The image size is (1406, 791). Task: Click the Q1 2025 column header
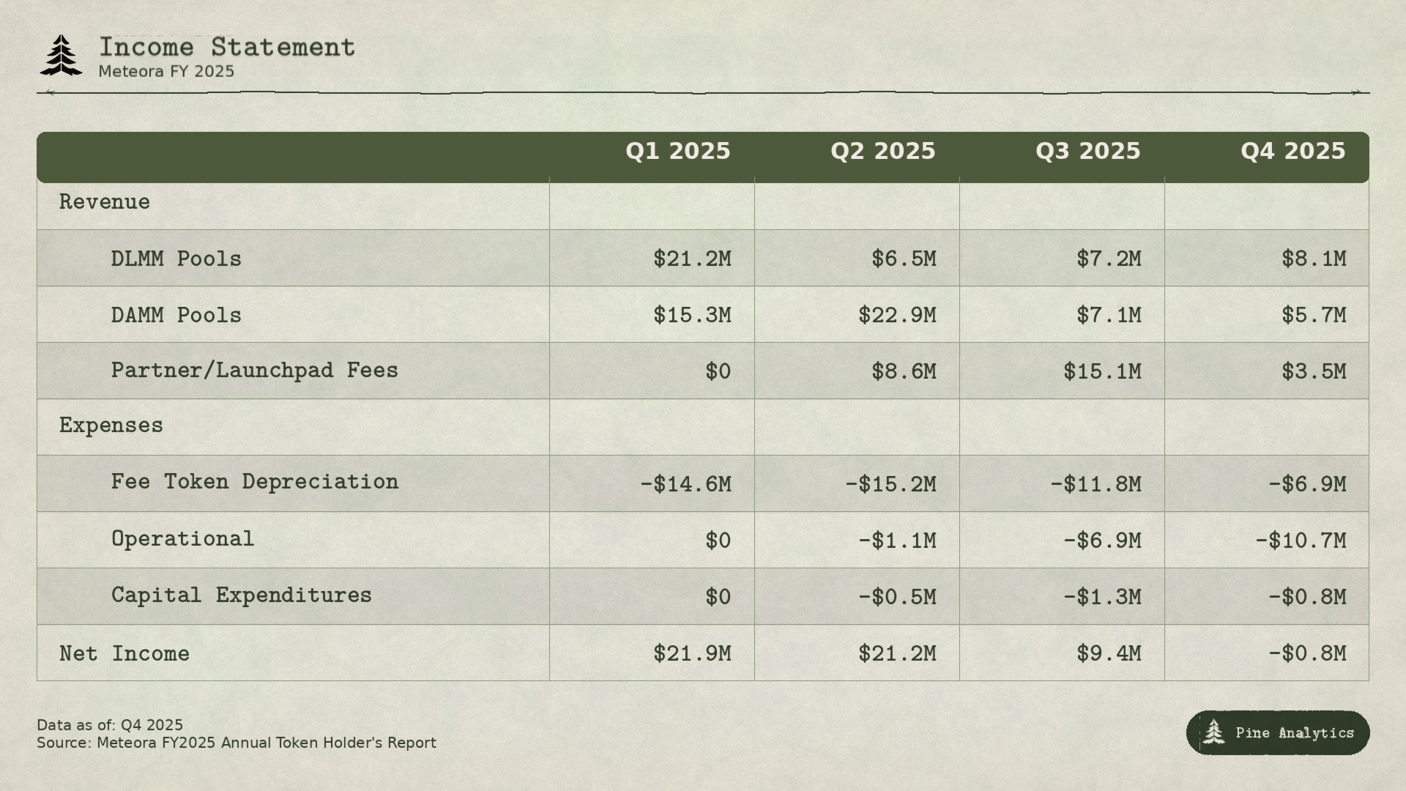pyautogui.click(x=677, y=152)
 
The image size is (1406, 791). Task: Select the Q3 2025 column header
pyautogui.click(x=1087, y=152)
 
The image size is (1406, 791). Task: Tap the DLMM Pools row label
pyautogui.click(x=176, y=259)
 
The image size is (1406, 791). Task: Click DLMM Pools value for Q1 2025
pyautogui.click(x=692, y=259)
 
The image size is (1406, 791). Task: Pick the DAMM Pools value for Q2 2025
pyautogui.click(x=897, y=315)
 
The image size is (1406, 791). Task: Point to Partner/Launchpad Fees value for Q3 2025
pyautogui.click(x=1102, y=371)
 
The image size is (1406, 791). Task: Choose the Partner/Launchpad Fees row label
pyautogui.click(x=254, y=371)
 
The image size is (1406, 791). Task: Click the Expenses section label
pyautogui.click(x=111, y=426)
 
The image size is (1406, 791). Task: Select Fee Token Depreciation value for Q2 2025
pyautogui.click(x=890, y=484)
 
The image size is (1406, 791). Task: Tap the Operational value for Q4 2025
pyautogui.click(x=1301, y=541)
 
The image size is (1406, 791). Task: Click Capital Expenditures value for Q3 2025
pyautogui.click(x=1102, y=597)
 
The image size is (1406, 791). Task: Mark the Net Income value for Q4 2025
pyautogui.click(x=1307, y=653)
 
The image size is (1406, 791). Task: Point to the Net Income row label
pyautogui.click(x=124, y=653)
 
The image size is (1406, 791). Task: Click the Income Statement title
pyautogui.click(x=227, y=48)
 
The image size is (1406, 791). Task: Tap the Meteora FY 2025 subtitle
pyautogui.click(x=166, y=72)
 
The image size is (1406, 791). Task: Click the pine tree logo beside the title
pyautogui.click(x=61, y=55)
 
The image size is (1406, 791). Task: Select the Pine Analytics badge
pyautogui.click(x=1278, y=732)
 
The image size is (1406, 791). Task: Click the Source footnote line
pyautogui.click(x=237, y=743)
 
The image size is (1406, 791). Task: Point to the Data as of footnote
pyautogui.click(x=110, y=725)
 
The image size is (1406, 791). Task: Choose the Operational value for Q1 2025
pyautogui.click(x=718, y=541)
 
